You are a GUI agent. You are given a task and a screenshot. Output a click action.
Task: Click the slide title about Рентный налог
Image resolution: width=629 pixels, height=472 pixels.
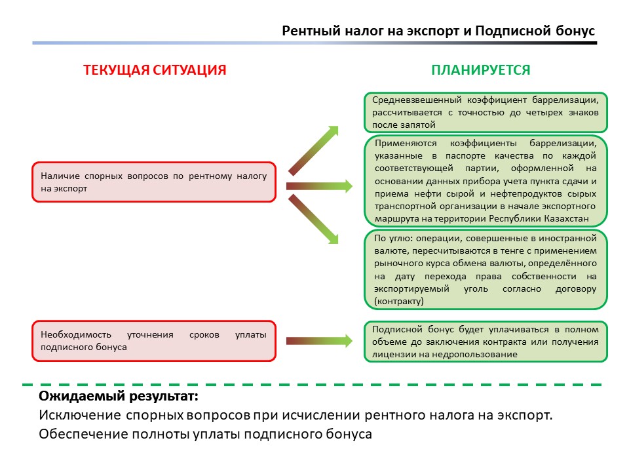(438, 31)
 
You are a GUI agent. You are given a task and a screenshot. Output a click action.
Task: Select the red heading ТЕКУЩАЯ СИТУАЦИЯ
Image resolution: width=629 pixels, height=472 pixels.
(155, 70)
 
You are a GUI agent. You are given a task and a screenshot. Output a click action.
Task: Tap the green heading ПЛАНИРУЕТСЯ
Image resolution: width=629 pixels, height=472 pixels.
(480, 70)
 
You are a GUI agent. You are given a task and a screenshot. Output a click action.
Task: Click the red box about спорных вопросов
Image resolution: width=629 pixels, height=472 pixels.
(154, 182)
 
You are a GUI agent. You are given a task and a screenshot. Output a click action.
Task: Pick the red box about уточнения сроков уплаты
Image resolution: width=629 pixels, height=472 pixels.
(154, 340)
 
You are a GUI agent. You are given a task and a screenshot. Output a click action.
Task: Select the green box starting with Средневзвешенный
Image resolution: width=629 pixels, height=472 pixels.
(486, 112)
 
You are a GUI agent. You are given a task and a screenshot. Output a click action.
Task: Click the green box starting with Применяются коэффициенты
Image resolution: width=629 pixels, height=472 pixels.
(486, 180)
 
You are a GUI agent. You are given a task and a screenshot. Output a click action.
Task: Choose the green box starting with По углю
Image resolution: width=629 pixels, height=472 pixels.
(486, 269)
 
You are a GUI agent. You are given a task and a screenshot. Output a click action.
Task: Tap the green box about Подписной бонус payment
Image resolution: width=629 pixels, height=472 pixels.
(486, 342)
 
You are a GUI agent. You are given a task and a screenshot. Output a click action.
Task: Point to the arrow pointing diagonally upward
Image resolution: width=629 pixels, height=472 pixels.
(314, 150)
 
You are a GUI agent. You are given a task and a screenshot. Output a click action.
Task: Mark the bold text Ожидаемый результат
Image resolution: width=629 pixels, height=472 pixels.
(118, 397)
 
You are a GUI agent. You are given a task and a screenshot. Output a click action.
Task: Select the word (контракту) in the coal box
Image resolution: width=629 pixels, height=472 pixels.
(399, 301)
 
